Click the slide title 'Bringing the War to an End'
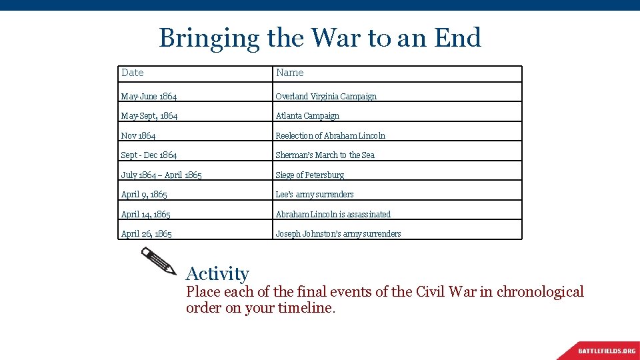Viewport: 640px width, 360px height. click(x=320, y=38)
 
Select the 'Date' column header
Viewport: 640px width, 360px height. click(x=133, y=73)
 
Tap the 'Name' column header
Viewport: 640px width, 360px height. click(x=290, y=73)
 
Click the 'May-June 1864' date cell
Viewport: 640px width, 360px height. click(x=149, y=96)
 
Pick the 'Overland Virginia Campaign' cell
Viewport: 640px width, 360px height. click(x=326, y=96)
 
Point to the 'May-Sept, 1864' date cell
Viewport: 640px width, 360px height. click(x=149, y=115)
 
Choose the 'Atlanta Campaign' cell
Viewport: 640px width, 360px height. click(x=307, y=115)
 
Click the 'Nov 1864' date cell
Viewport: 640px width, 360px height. click(x=139, y=135)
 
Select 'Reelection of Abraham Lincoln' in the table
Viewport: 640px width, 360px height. click(x=331, y=135)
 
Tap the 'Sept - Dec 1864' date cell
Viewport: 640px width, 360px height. click(x=149, y=155)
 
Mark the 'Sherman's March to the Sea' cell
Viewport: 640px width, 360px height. click(x=325, y=155)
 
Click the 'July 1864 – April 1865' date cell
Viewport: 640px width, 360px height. click(x=161, y=175)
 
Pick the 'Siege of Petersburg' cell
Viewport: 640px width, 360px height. click(x=310, y=175)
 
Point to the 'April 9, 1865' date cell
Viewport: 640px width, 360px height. click(x=144, y=194)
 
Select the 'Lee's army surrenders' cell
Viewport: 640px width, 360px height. click(x=315, y=194)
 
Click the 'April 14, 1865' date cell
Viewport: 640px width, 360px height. click(x=145, y=214)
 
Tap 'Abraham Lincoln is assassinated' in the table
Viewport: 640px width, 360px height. click(x=333, y=214)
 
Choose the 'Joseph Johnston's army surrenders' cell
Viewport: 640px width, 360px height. click(x=339, y=233)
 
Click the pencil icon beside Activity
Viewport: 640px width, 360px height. click(x=159, y=261)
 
